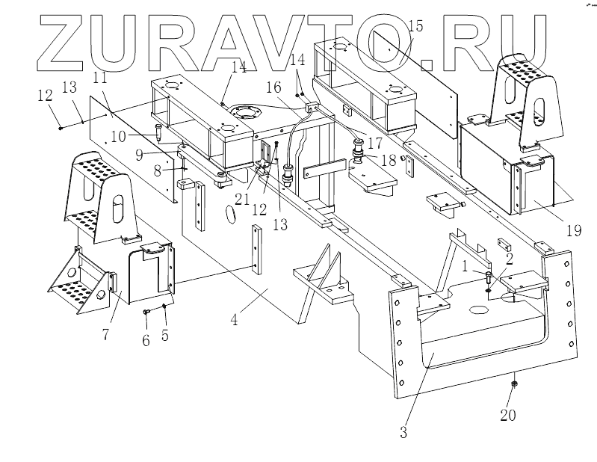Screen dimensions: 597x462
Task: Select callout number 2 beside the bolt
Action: [509, 259]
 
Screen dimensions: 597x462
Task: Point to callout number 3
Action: [403, 431]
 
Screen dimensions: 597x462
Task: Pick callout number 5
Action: [166, 336]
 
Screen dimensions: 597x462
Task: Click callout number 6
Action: [146, 340]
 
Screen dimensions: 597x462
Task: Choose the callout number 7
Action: [105, 333]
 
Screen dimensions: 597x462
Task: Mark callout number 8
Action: [158, 170]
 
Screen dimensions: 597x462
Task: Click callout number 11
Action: [101, 77]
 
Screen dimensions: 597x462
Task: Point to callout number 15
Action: [415, 26]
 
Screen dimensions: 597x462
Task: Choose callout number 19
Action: [573, 231]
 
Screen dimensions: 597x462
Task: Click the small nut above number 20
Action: [514, 384]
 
